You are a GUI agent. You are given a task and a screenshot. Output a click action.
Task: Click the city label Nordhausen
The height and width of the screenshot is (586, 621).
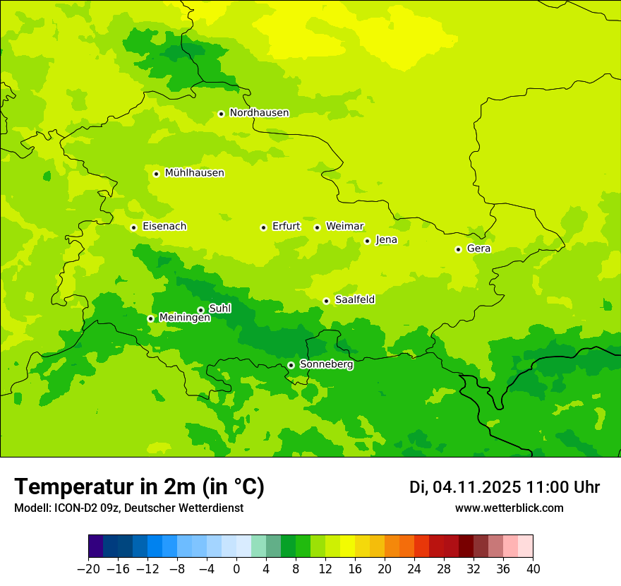(x=259, y=113)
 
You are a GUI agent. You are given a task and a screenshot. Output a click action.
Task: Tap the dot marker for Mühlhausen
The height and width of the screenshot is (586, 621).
(x=156, y=174)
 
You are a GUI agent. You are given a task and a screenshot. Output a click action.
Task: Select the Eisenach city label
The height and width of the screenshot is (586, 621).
(x=164, y=227)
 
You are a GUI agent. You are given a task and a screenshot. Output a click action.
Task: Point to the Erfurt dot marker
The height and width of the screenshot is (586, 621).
(x=263, y=227)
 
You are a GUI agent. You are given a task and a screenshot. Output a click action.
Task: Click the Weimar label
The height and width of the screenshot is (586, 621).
(x=344, y=227)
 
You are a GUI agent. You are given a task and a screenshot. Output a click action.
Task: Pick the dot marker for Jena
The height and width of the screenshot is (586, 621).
(x=367, y=241)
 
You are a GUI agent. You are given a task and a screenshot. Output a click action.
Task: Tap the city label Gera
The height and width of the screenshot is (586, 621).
(x=478, y=249)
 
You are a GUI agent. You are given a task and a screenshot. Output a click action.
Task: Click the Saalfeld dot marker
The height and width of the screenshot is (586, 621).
(x=326, y=301)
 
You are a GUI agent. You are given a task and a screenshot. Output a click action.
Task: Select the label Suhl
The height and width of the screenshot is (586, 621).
(x=220, y=309)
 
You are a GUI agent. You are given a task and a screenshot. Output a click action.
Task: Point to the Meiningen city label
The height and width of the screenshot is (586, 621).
(x=185, y=318)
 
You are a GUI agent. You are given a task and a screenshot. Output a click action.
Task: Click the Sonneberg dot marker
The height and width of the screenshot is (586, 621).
(x=291, y=365)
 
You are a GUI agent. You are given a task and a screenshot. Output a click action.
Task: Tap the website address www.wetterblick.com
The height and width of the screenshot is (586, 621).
(x=510, y=508)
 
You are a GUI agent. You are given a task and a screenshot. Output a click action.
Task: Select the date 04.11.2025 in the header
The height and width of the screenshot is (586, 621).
(x=476, y=487)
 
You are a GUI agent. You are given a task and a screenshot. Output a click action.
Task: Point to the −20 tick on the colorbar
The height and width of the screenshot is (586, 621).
(x=88, y=568)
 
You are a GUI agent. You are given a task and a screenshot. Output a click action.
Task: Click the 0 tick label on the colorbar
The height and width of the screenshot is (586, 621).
(x=236, y=568)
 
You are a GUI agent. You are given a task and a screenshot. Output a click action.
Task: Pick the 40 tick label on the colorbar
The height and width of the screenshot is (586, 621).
(x=533, y=568)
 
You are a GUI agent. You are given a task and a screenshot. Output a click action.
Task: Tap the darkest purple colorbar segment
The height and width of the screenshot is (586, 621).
(x=95, y=546)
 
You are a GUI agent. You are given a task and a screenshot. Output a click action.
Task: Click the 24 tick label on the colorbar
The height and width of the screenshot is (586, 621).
(x=414, y=568)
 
